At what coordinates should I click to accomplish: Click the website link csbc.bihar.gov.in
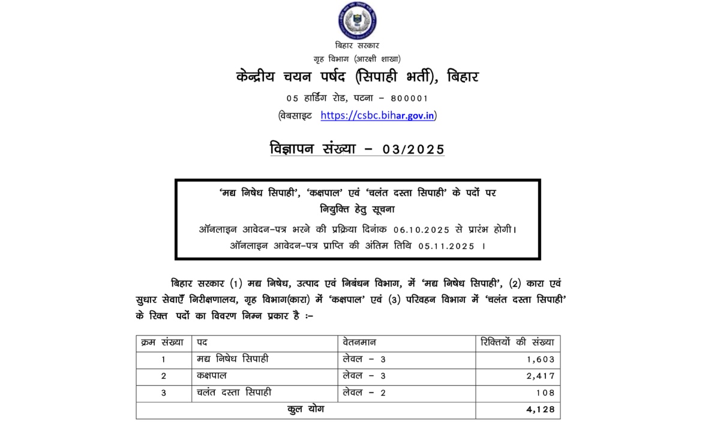point(377,116)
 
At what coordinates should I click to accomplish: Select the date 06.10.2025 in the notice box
point(422,230)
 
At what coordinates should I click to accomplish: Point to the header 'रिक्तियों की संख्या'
point(518,343)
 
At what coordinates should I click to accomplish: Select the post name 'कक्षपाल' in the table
point(212,376)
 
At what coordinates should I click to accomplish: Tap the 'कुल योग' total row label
point(306,410)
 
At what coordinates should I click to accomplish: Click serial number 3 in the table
point(163,393)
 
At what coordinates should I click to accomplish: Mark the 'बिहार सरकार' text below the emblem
point(358,46)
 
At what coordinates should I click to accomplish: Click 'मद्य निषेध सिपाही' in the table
point(233,359)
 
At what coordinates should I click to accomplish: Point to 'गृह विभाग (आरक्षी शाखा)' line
point(357,59)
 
